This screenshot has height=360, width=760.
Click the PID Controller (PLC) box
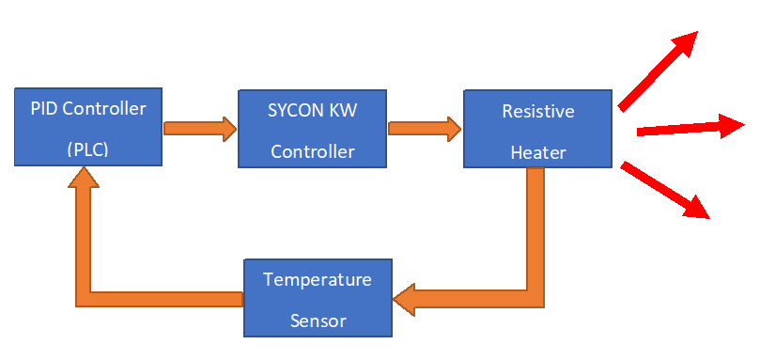click(87, 127)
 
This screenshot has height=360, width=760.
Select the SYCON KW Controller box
click(312, 129)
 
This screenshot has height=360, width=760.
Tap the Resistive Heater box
click(537, 129)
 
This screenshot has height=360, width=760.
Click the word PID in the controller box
click(42, 108)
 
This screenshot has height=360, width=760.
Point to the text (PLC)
click(87, 149)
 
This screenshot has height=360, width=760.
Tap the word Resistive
click(538, 111)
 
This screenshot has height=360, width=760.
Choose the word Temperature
click(318, 279)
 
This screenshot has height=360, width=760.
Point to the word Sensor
click(318, 321)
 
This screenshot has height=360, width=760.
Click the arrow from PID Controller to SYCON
click(199, 129)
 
